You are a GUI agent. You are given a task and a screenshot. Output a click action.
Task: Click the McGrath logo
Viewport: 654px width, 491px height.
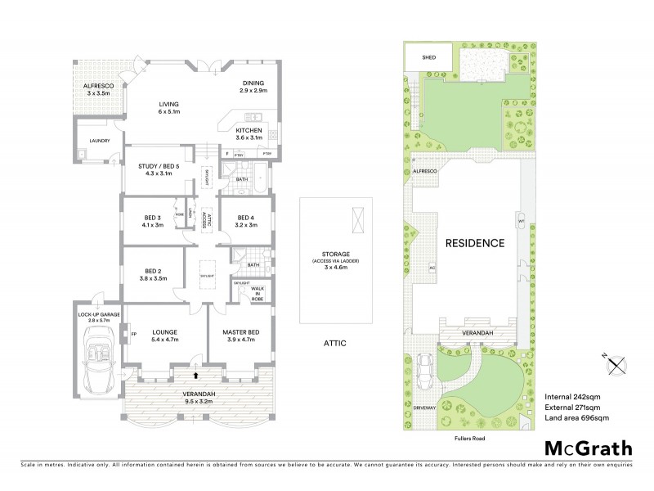coord(589,448)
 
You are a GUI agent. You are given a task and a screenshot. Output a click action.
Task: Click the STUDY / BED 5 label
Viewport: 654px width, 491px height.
coord(159,169)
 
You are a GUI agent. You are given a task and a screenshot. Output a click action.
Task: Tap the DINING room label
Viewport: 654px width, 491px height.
coord(254,86)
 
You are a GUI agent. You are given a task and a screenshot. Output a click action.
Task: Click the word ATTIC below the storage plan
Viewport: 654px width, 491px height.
coord(335,344)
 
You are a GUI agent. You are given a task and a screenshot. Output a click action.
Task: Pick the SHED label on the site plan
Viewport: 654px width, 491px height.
coord(428,58)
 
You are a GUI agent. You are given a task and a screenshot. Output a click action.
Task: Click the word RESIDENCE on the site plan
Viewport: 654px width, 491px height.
coord(474,243)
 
